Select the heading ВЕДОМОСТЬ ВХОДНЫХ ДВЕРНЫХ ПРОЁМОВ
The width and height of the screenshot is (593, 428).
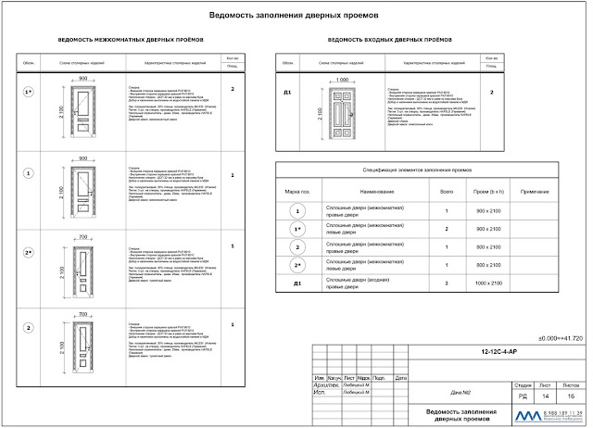click(389, 42)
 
